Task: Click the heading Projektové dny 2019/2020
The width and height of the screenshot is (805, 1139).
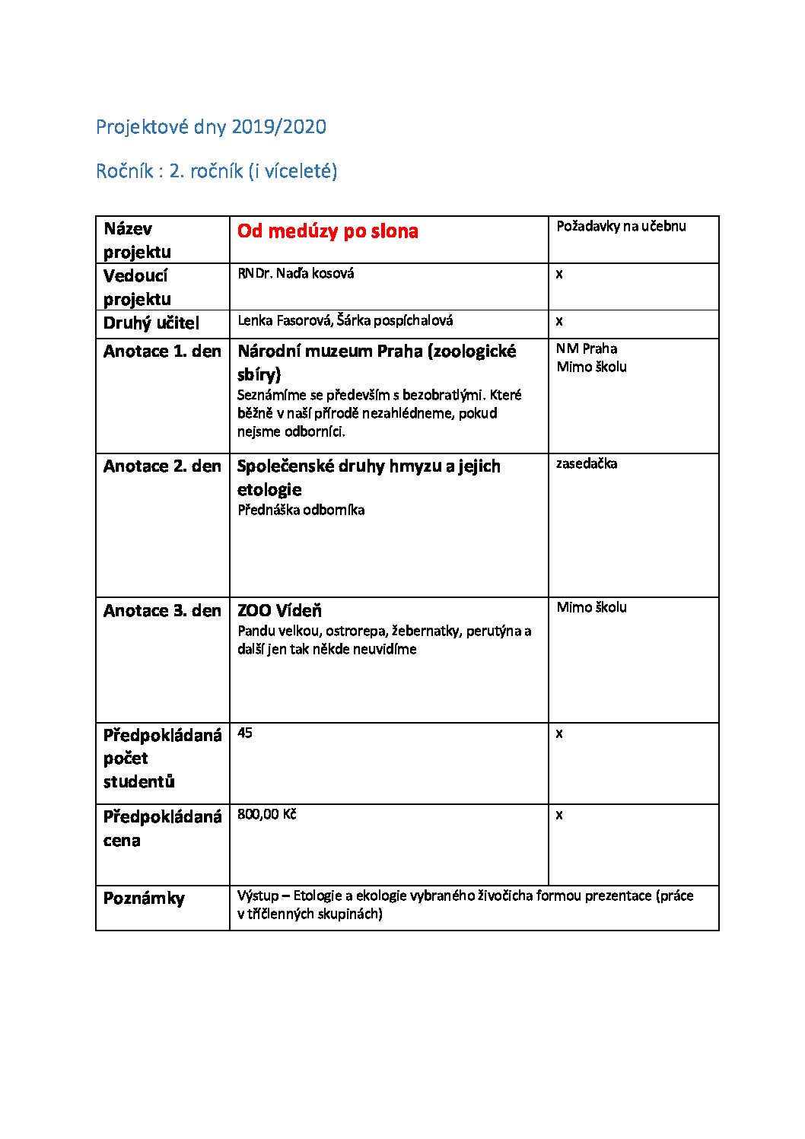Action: pyautogui.click(x=211, y=126)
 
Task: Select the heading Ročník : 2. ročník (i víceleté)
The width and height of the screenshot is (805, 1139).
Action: pyautogui.click(x=216, y=170)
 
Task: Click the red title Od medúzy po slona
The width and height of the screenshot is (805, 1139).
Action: pyautogui.click(x=327, y=231)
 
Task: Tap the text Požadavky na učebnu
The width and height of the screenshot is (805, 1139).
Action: pyautogui.click(x=621, y=226)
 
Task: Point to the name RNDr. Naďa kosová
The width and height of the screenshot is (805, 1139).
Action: pyautogui.click(x=295, y=273)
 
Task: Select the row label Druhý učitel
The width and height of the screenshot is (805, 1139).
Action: pyautogui.click(x=151, y=323)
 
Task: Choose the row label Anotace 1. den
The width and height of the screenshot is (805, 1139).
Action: pyautogui.click(x=162, y=352)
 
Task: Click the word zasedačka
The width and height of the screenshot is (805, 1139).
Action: pyautogui.click(x=586, y=463)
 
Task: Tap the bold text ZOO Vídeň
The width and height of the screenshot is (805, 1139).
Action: pyautogui.click(x=279, y=610)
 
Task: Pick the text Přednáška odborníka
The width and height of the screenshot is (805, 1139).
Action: pyautogui.click(x=301, y=510)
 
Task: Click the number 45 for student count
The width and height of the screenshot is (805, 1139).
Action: pyautogui.click(x=245, y=733)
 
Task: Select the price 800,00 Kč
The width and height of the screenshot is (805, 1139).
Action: pyautogui.click(x=266, y=814)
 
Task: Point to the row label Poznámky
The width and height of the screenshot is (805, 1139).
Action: pyautogui.click(x=144, y=899)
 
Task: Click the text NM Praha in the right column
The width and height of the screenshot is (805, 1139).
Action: pyautogui.click(x=586, y=348)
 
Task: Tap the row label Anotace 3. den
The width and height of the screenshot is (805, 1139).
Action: pyautogui.click(x=162, y=611)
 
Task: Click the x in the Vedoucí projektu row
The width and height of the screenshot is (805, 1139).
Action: pyautogui.click(x=559, y=273)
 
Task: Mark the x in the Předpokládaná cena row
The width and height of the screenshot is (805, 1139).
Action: pyautogui.click(x=559, y=815)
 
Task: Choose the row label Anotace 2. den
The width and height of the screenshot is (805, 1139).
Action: pyautogui.click(x=162, y=466)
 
